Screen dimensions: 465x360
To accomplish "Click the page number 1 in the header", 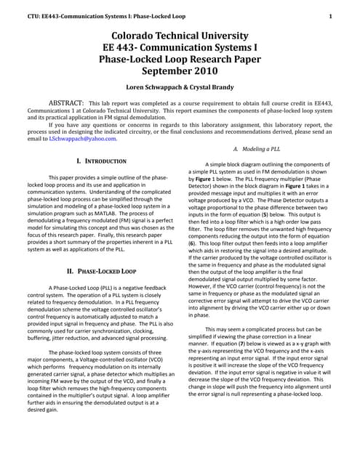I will (331, 15).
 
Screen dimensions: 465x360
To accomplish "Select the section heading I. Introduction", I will (101, 160).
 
